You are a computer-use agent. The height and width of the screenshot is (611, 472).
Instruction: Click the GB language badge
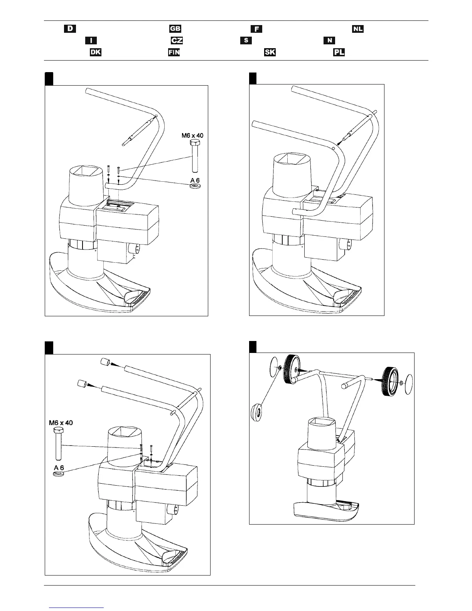175,29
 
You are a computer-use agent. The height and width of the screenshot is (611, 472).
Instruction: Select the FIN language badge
174,52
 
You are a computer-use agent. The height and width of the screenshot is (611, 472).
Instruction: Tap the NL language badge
357,29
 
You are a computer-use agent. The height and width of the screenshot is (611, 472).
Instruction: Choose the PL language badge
339,52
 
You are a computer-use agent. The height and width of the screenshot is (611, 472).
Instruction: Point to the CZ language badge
177,41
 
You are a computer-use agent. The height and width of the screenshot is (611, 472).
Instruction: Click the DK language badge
95,52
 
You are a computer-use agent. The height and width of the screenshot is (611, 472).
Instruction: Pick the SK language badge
270,52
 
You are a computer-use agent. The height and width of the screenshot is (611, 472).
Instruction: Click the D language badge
70,29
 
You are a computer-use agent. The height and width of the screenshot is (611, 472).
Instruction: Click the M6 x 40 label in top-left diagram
192,135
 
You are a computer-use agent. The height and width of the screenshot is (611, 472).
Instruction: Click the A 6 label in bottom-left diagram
59,468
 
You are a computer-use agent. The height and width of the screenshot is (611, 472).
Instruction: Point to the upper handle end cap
104,362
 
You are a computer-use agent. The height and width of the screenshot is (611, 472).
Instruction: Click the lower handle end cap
82,383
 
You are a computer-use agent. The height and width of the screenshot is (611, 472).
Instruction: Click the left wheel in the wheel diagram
292,370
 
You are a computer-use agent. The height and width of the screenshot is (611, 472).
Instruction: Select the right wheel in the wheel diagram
390,382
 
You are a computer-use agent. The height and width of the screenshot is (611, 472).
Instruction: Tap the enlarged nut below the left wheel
257,413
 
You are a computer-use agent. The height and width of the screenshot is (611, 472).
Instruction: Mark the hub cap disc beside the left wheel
273,364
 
